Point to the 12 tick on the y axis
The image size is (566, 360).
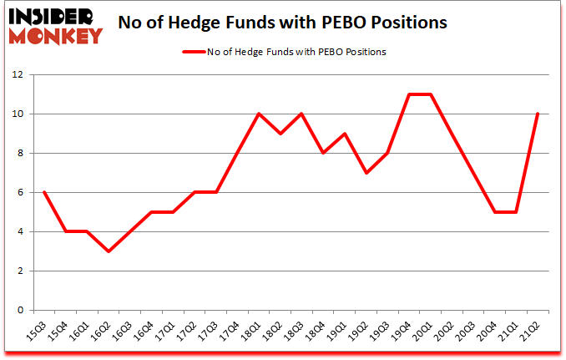[x=19, y=74]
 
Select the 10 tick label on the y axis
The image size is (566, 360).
[x=19, y=114]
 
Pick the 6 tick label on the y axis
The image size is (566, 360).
[x=22, y=192]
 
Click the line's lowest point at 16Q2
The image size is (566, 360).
[x=109, y=251]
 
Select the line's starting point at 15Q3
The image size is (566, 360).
[x=43, y=192]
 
